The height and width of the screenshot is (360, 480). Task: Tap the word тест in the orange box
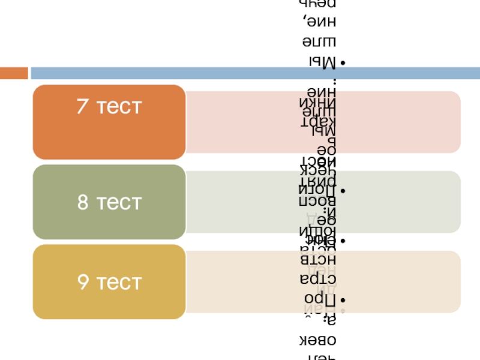coord(118,107)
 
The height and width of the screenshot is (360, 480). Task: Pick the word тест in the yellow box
coord(119,282)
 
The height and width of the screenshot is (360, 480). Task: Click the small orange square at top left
coord(14,73)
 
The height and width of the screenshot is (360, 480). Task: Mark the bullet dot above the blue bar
coord(341,63)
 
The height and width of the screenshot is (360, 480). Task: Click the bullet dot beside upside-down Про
coord(341,299)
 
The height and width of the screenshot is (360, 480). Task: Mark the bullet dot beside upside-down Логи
coord(341,191)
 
